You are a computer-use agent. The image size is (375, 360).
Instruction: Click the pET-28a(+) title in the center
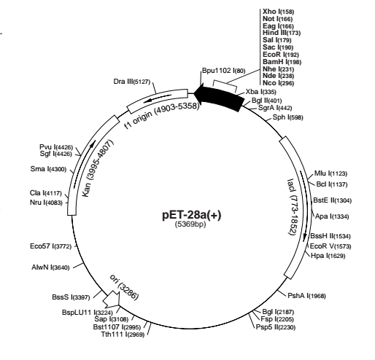click(192, 215)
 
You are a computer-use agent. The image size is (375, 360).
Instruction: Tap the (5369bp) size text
click(190, 224)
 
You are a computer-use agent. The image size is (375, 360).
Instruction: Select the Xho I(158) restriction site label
click(278, 12)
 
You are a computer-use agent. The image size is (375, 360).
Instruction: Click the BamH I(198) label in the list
click(282, 62)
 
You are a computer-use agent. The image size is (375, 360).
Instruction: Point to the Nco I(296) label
click(278, 83)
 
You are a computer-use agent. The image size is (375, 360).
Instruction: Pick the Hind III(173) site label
click(282, 33)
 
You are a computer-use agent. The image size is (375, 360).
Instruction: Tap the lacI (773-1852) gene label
click(293, 207)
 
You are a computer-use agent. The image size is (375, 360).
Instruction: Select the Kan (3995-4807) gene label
click(98, 168)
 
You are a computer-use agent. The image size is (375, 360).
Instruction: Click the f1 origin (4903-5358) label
click(161, 116)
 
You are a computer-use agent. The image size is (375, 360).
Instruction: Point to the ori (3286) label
click(125, 287)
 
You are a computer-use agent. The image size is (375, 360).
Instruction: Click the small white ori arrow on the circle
click(112, 300)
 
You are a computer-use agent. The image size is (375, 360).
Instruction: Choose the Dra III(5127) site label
click(131, 82)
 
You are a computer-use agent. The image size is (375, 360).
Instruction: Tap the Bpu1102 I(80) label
click(224, 71)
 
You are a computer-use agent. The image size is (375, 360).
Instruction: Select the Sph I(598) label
click(287, 117)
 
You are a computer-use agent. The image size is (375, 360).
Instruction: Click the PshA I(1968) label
click(306, 296)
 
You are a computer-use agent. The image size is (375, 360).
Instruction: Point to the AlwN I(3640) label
click(50, 267)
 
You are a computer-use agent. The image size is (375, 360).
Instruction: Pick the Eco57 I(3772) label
click(50, 246)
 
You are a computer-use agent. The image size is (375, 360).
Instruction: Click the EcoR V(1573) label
click(330, 246)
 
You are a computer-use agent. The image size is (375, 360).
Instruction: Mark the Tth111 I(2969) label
click(123, 334)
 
